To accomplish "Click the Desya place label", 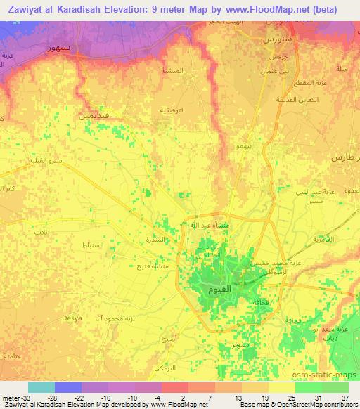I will click(72, 318).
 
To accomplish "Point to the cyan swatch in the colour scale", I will click(41, 387).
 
